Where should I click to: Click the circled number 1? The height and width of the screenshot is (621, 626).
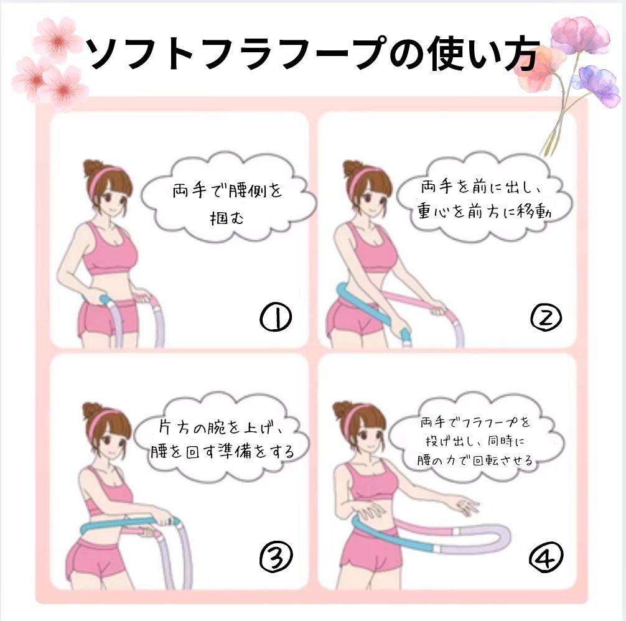point(276,317)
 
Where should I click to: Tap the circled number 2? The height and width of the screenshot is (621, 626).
point(546,317)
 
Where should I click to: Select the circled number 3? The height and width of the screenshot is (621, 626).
point(276,556)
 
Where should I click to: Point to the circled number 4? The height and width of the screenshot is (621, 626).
point(546,556)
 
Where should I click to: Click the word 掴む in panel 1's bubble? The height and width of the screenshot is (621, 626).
point(227,218)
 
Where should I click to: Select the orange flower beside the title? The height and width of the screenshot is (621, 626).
point(539,68)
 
